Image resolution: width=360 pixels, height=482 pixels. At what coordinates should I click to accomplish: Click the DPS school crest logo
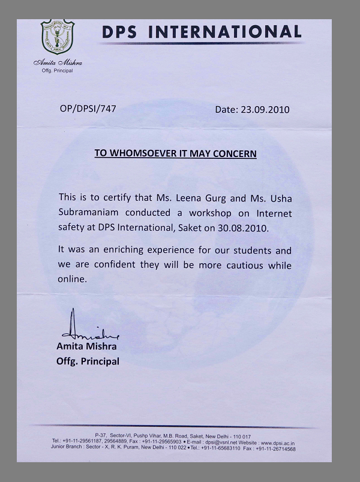(58, 39)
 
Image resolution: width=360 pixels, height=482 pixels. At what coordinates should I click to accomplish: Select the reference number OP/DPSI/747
(88, 109)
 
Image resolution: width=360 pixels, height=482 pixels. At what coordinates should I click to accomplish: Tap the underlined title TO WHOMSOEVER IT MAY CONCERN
(175, 153)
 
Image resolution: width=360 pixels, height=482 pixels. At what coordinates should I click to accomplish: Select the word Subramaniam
(88, 213)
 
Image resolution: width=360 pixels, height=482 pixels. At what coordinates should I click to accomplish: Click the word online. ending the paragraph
(73, 279)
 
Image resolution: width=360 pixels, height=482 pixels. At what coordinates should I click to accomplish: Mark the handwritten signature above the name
(88, 329)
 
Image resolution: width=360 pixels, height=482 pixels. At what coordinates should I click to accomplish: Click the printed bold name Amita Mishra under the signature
(86, 347)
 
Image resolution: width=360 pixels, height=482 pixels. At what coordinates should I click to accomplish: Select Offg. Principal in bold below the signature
(88, 361)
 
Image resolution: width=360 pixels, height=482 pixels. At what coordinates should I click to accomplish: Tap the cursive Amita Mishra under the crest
(58, 63)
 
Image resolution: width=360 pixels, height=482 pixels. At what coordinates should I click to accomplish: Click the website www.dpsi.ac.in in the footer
(277, 443)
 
